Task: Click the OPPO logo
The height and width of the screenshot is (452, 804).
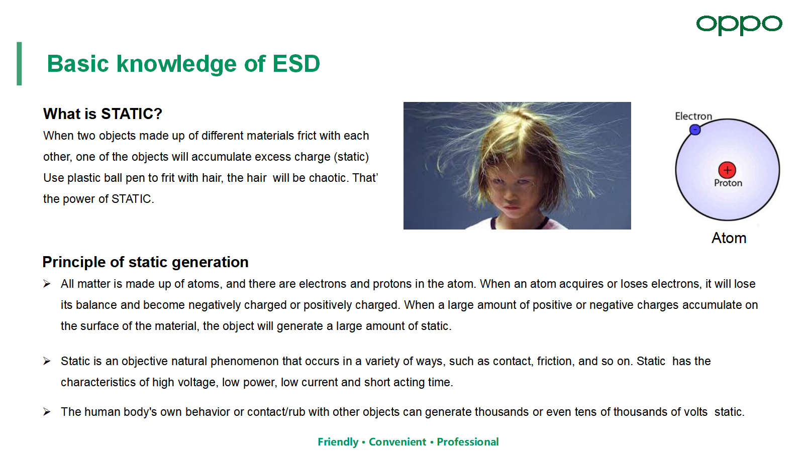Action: [739, 25]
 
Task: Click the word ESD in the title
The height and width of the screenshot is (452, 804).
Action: [296, 64]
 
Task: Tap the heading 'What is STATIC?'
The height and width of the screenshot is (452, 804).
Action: [103, 114]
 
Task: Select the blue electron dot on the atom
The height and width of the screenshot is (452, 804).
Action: [695, 130]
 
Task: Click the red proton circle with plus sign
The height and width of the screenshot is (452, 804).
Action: [727, 170]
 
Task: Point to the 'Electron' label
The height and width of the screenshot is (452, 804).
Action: [693, 116]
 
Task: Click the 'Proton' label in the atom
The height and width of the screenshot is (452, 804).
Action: [728, 183]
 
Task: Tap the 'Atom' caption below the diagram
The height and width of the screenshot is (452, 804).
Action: [729, 238]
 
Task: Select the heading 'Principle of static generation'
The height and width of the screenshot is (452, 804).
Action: [145, 262]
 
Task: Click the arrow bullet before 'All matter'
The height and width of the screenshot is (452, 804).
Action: [47, 284]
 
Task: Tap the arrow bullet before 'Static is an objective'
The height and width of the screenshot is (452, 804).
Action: [47, 361]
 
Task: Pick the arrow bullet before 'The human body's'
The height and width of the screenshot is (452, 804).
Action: [47, 412]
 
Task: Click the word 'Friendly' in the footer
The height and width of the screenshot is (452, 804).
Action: [338, 442]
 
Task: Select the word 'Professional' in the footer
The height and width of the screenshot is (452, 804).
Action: [468, 442]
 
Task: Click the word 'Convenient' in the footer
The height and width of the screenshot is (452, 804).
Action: [397, 442]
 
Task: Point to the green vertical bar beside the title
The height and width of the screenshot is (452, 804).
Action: [19, 63]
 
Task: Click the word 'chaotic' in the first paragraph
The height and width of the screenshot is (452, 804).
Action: [327, 178]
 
